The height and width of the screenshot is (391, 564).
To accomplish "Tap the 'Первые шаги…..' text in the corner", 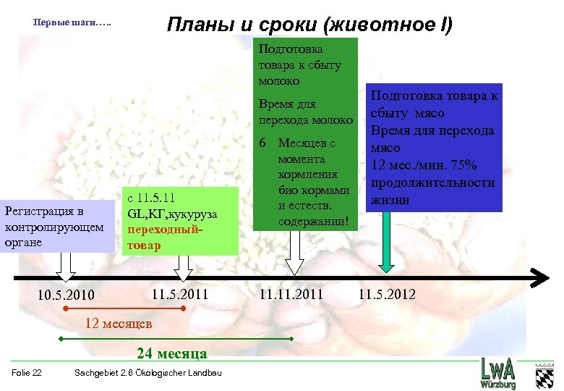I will point(72,22).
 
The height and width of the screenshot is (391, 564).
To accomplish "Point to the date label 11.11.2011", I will point(291,294).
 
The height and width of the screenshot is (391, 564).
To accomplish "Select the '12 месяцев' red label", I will point(118,322).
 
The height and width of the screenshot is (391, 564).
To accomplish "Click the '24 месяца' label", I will point(172,353).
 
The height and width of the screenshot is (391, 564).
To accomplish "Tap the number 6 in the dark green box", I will point(264,143).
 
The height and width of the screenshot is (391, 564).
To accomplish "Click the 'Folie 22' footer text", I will point(27,373).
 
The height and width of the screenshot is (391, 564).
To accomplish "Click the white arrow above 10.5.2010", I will point(65,265).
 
